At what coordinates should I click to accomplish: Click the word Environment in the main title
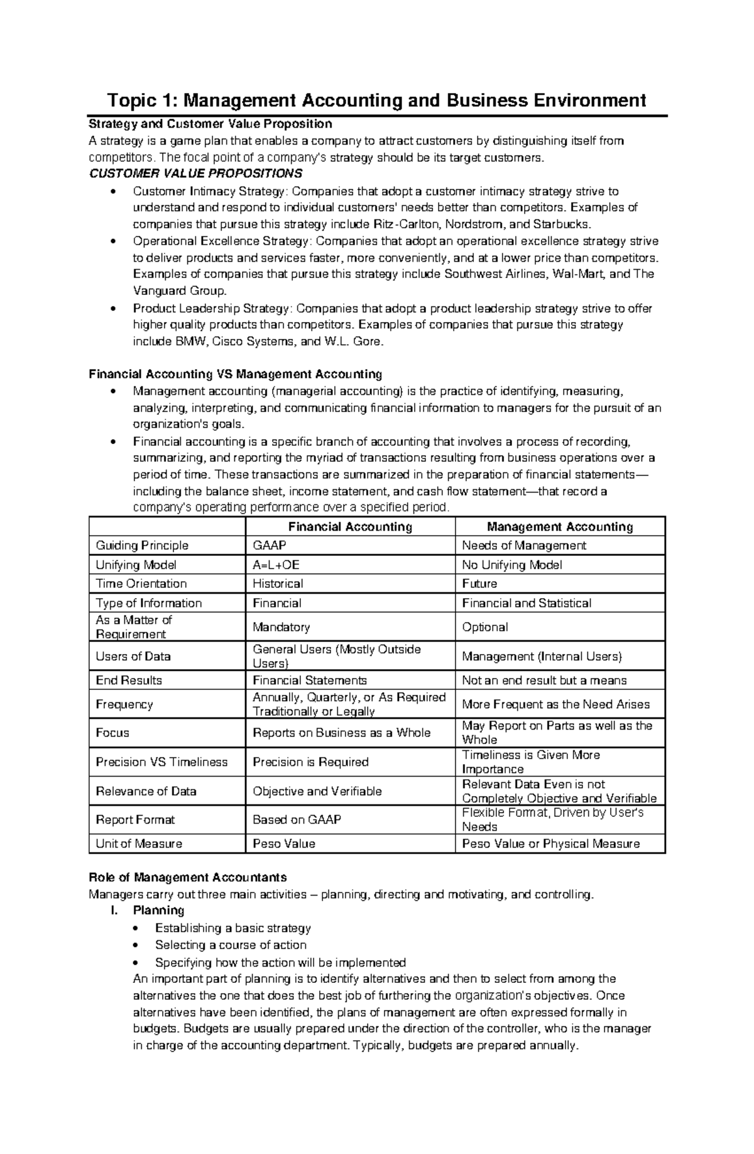(x=591, y=100)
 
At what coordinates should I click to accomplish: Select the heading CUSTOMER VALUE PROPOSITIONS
(x=195, y=174)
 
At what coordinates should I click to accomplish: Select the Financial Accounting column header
(x=349, y=527)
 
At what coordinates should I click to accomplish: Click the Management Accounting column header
(x=560, y=527)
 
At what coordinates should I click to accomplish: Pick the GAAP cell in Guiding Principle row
(x=269, y=546)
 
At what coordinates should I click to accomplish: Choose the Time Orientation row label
(x=141, y=584)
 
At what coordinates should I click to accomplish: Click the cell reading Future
(x=479, y=584)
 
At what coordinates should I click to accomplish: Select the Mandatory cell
(x=281, y=627)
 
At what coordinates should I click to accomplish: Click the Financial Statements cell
(x=309, y=680)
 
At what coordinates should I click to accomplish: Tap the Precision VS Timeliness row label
(x=161, y=762)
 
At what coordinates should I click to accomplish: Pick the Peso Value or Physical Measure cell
(x=550, y=844)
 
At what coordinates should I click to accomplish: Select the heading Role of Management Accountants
(x=188, y=877)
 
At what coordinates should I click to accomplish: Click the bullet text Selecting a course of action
(x=231, y=945)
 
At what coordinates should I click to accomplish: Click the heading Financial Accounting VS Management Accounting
(x=236, y=375)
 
